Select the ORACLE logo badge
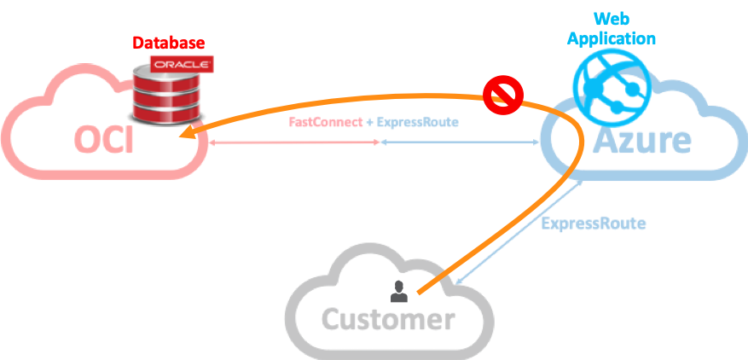point(181,64)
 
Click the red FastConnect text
point(323,123)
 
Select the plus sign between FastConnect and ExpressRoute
point(369,123)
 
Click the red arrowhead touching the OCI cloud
point(204,143)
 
